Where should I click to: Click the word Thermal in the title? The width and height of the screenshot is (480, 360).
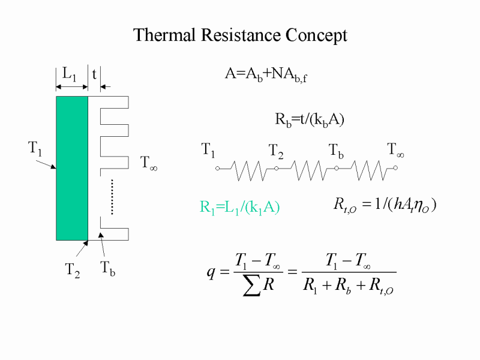tap(164, 35)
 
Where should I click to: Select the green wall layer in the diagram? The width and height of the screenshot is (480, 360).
tap(72, 168)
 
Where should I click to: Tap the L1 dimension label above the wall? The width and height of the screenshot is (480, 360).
tap(69, 74)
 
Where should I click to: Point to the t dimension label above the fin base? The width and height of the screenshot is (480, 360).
tap(94, 74)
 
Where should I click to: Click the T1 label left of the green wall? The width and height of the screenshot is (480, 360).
tap(35, 149)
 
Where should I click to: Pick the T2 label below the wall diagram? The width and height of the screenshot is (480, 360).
tap(73, 271)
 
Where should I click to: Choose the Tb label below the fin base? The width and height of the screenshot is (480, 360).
tap(108, 268)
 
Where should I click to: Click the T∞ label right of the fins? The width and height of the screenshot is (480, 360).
tap(148, 163)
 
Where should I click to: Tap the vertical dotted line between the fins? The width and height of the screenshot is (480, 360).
tap(112, 197)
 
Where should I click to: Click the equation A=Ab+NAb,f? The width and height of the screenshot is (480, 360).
tap(266, 75)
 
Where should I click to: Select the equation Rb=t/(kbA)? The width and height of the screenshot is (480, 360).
tap(310, 119)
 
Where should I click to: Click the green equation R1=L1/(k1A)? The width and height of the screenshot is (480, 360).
tap(239, 208)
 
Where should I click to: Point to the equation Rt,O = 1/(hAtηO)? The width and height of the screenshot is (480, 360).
tap(385, 205)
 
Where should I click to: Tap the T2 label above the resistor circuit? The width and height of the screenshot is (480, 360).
tap(276, 152)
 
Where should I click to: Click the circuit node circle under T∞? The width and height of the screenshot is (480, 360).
tap(395, 168)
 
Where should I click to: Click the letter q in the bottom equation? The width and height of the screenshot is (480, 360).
tap(211, 272)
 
